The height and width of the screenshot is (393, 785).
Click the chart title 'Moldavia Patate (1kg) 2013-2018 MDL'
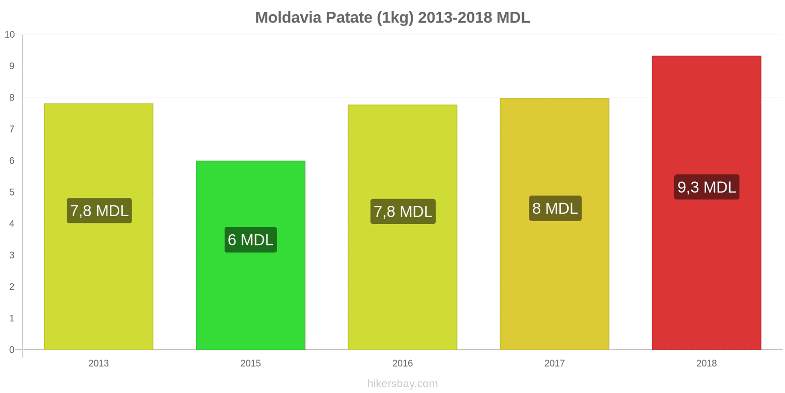pyautogui.click(x=392, y=18)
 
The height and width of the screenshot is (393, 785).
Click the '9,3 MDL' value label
pyautogui.click(x=706, y=187)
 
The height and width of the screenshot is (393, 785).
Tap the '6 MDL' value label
pyautogui.click(x=251, y=240)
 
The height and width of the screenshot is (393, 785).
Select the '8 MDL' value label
pyautogui.click(x=555, y=208)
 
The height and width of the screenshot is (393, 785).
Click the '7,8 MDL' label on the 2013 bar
pyautogui.click(x=99, y=211)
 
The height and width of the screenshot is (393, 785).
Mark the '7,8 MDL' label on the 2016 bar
pyautogui.click(x=403, y=212)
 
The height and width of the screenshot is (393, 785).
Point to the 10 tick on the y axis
pyautogui.click(x=10, y=35)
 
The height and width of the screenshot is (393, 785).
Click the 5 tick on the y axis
pyautogui.click(x=12, y=192)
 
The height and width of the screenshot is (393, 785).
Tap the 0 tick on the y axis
pyautogui.click(x=12, y=350)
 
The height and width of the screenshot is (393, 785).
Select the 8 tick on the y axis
pyautogui.click(x=12, y=98)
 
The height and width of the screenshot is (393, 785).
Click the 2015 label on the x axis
pyautogui.click(x=250, y=364)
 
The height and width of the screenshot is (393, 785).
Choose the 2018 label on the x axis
pyautogui.click(x=706, y=364)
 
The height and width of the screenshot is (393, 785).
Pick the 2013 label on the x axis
pyautogui.click(x=99, y=364)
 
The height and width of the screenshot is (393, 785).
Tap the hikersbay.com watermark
pyautogui.click(x=402, y=384)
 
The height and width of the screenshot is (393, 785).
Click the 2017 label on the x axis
pyautogui.click(x=554, y=364)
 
